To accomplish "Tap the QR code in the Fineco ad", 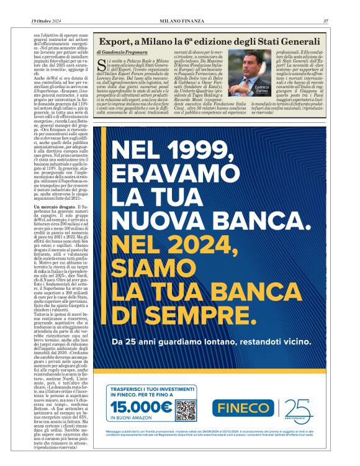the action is [186, 410].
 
